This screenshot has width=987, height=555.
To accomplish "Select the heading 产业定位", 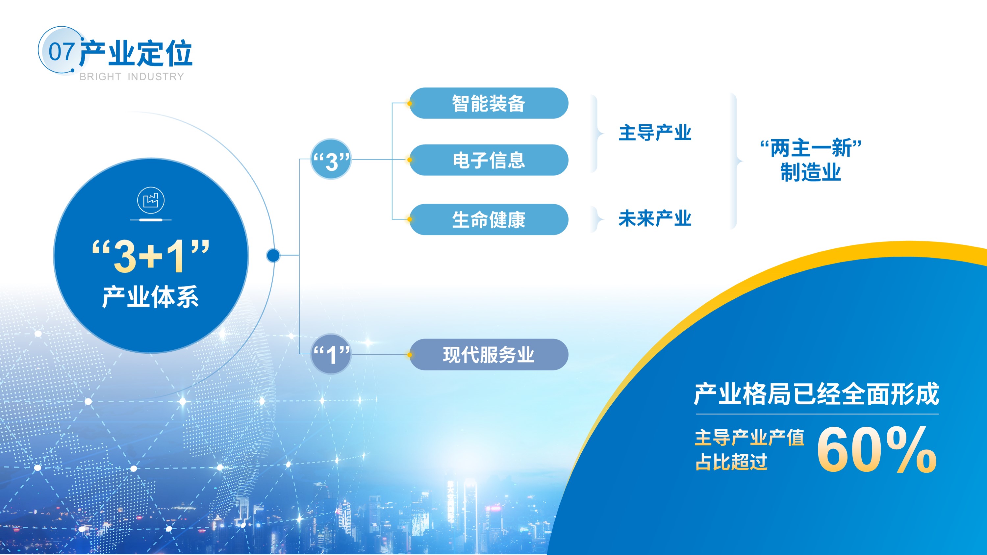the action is point(136,53).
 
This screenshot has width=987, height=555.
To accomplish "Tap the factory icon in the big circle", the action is point(151,200).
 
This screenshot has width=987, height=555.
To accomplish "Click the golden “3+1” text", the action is point(151,256).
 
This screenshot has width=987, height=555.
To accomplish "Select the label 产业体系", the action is point(151,297).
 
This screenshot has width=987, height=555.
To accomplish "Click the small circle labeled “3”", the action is point(331,159).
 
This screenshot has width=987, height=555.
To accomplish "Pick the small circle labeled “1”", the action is point(331,354).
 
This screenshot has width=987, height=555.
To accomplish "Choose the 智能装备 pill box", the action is point(489,103).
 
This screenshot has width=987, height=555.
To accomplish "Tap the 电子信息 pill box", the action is point(489,160).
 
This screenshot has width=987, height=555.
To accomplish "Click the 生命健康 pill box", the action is point(489,219).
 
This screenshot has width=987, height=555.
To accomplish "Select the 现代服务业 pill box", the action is point(489,354).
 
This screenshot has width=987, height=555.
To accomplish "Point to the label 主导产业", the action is point(655,133).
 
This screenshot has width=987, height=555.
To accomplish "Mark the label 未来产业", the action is point(655,218).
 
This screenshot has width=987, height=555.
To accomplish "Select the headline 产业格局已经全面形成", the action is point(817,394).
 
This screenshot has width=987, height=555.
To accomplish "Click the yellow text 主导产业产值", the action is point(749,438).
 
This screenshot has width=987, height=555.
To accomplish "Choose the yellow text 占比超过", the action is point(731,462).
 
